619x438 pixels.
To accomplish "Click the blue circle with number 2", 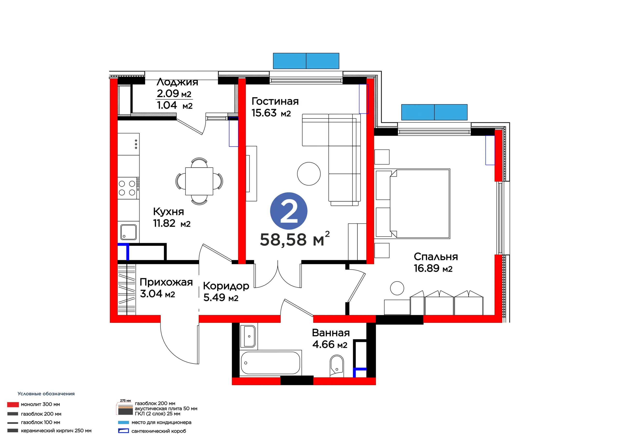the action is click(x=289, y=211).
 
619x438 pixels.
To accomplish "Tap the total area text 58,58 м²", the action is click(x=295, y=239).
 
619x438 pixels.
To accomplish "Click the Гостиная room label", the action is click(x=275, y=101).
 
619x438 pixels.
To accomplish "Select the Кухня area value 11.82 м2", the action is click(x=172, y=223).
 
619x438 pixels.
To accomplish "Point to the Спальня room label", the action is click(x=436, y=257).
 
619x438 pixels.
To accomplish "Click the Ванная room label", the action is click(x=331, y=333).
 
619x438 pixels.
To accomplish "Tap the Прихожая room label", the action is click(x=166, y=282).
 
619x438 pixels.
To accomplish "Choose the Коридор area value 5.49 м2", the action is click(x=221, y=297).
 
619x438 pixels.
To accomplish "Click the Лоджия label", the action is click(x=177, y=82).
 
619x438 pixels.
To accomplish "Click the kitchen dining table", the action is click(x=199, y=181).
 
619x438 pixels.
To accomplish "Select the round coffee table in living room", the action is click(x=309, y=174).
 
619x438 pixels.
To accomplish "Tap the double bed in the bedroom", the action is click(x=420, y=204).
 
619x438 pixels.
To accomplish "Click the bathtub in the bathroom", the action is click(x=270, y=363).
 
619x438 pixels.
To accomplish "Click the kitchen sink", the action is click(x=128, y=232).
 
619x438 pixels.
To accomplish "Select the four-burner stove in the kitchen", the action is click(x=128, y=188).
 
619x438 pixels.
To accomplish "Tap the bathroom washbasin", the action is click(x=249, y=336).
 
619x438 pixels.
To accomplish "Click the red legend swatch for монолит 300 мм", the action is click(x=13, y=405).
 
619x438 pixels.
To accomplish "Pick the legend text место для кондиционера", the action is click(x=162, y=422).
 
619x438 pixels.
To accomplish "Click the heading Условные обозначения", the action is click(x=46, y=394).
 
